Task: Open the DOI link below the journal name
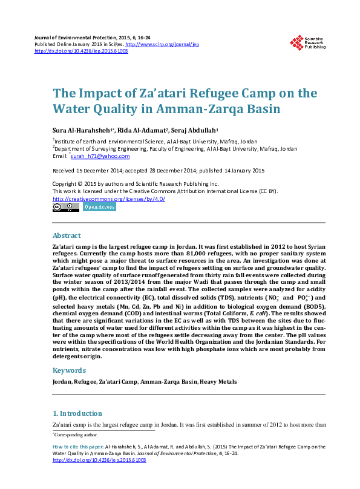(81, 51)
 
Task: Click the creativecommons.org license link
(109, 199)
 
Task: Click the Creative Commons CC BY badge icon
(66, 207)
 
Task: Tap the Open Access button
(99, 207)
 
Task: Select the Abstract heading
(67, 235)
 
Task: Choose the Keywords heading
(69, 370)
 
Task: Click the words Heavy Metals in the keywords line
(218, 382)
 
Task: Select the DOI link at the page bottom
(99, 460)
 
